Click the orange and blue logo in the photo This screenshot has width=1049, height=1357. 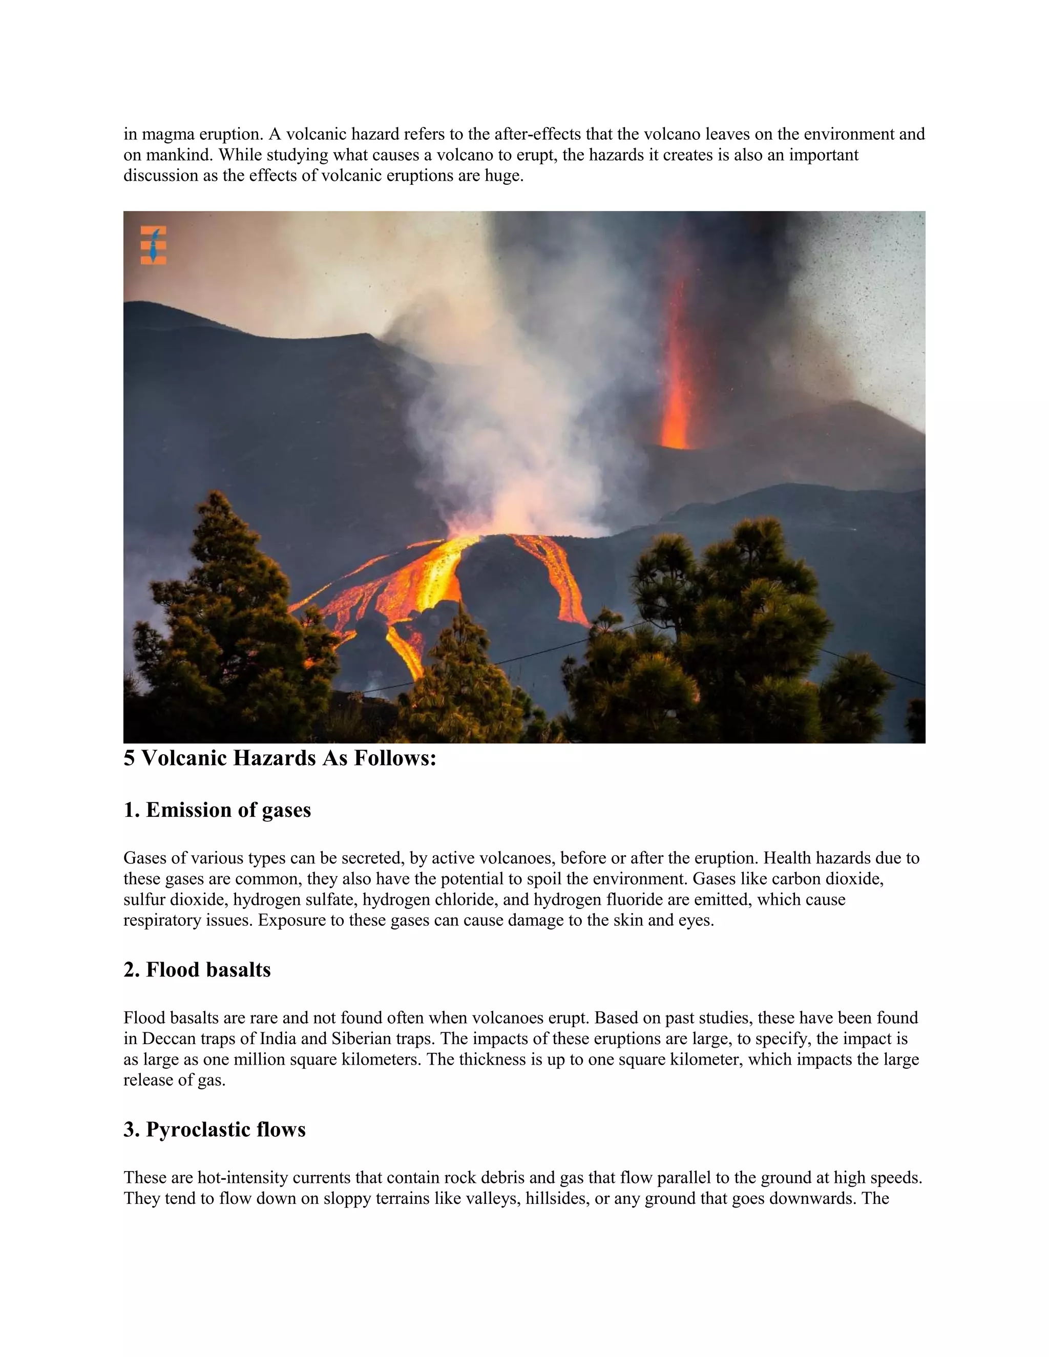(153, 245)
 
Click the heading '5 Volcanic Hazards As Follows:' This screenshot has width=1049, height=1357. (280, 759)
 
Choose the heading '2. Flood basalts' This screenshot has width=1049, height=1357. (197, 970)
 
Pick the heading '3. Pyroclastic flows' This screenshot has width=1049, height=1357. (215, 1130)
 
